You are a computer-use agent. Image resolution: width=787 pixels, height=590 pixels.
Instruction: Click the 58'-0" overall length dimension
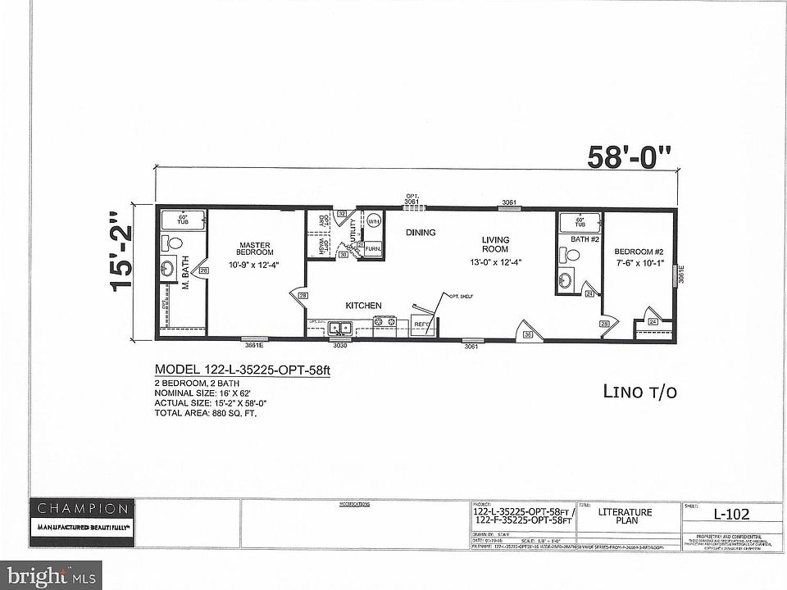pyautogui.click(x=629, y=157)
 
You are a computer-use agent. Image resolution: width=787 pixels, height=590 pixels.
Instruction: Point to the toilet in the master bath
pyautogui.click(x=169, y=243)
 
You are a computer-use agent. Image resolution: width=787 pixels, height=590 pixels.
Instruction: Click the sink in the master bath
pyautogui.click(x=167, y=269)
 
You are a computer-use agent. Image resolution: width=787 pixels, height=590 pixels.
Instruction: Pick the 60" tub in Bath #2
pyautogui.click(x=579, y=221)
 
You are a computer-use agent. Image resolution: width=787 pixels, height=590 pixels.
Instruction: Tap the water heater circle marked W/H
pyautogui.click(x=373, y=221)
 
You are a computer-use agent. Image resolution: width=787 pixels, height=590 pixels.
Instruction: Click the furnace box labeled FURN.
pyautogui.click(x=372, y=247)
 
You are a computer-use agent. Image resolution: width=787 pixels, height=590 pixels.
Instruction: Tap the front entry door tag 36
pyautogui.click(x=528, y=334)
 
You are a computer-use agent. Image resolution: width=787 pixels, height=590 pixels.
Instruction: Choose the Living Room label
pyautogui.click(x=495, y=244)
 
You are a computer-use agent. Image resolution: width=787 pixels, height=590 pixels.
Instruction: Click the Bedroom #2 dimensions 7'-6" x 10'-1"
pyautogui.click(x=644, y=265)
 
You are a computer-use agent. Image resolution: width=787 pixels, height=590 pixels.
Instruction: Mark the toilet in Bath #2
pyautogui.click(x=572, y=254)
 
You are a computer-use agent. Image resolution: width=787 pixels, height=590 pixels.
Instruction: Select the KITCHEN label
pyautogui.click(x=363, y=305)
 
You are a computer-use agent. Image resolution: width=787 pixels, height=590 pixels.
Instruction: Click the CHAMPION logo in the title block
pyautogui.click(x=80, y=508)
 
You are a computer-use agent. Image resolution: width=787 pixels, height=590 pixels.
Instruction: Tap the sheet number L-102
pyautogui.click(x=731, y=515)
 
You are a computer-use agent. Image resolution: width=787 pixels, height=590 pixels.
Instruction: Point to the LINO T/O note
pyautogui.click(x=640, y=392)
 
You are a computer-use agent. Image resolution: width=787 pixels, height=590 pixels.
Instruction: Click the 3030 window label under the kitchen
pyautogui.click(x=339, y=345)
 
